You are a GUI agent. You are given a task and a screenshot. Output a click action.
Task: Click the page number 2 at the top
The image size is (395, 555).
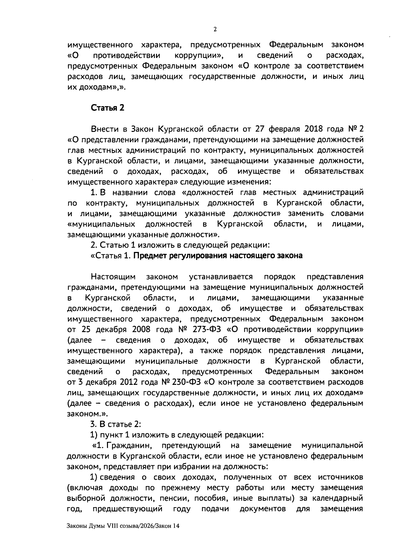pos(215,29)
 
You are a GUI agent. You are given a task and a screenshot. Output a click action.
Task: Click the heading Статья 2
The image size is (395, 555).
pos(107,108)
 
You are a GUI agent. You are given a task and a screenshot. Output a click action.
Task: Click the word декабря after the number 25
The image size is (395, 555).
pos(111,329)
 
